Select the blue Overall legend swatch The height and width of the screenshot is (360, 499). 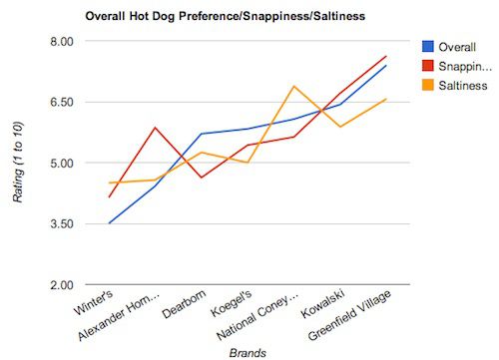tap(428, 45)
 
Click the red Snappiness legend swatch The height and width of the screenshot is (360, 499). tap(428, 66)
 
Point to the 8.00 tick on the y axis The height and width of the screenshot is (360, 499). tap(62, 42)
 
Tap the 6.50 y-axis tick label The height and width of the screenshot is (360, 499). tap(62, 103)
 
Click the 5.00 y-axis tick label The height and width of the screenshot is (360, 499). tap(62, 164)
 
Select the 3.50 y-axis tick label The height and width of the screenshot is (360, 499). tap(62, 224)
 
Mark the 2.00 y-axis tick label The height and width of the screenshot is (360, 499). tap(62, 285)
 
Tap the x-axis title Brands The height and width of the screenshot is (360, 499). tap(247, 351)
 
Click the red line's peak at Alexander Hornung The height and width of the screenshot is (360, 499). tap(155, 128)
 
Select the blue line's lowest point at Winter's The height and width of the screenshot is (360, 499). tap(109, 223)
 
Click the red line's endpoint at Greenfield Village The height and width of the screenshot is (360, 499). tap(386, 56)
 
